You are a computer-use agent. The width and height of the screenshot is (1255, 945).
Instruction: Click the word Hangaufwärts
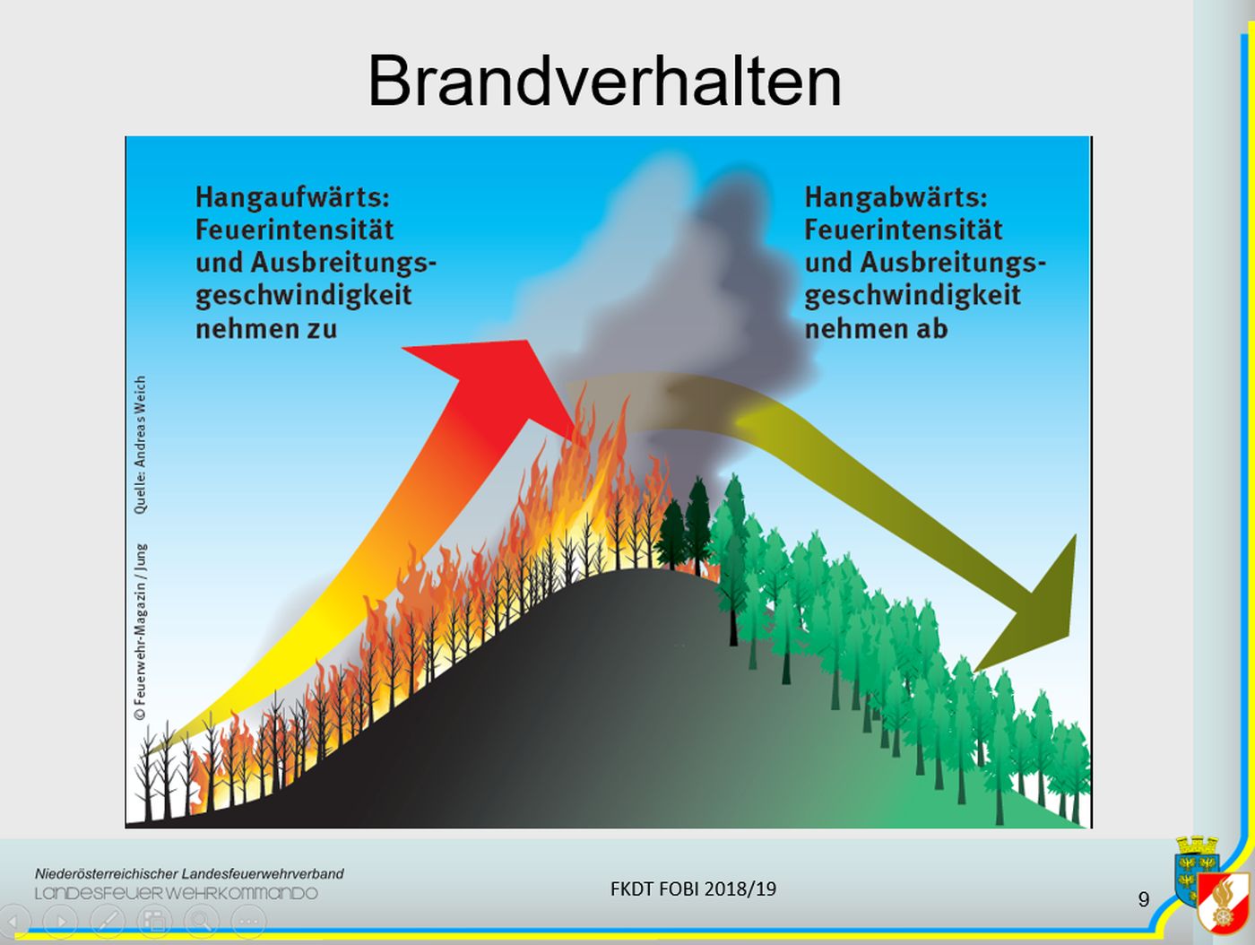292,198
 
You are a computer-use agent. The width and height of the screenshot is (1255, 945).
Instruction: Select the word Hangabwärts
896,198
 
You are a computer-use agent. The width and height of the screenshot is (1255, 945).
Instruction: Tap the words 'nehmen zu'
266,329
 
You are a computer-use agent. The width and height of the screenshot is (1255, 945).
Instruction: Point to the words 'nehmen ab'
876,329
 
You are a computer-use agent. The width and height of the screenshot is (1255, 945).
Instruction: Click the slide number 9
1144,900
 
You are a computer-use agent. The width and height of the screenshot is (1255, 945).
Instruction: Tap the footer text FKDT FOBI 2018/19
693,889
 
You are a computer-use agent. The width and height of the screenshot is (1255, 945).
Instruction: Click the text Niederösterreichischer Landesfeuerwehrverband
189,873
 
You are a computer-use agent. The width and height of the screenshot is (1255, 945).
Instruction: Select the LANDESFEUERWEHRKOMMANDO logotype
176,893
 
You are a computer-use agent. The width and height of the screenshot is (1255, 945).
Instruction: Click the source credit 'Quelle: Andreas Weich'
140,444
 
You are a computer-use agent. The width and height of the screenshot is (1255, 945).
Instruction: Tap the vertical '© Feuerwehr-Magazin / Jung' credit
140,631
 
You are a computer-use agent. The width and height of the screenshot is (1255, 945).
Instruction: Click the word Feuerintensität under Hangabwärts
904,230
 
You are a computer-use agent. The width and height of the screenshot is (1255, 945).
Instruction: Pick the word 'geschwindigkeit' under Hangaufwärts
304,296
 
